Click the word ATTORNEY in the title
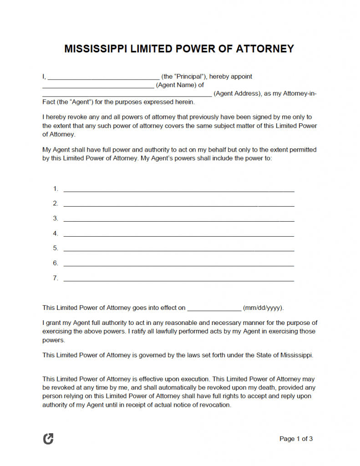click(265, 49)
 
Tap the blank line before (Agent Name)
click(98, 86)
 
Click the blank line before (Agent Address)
click(127, 94)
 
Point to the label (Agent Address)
click(237, 93)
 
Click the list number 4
click(56, 233)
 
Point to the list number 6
click(56, 263)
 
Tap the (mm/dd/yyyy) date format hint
click(264, 308)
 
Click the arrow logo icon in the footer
click(48, 439)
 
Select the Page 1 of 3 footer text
click(296, 439)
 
